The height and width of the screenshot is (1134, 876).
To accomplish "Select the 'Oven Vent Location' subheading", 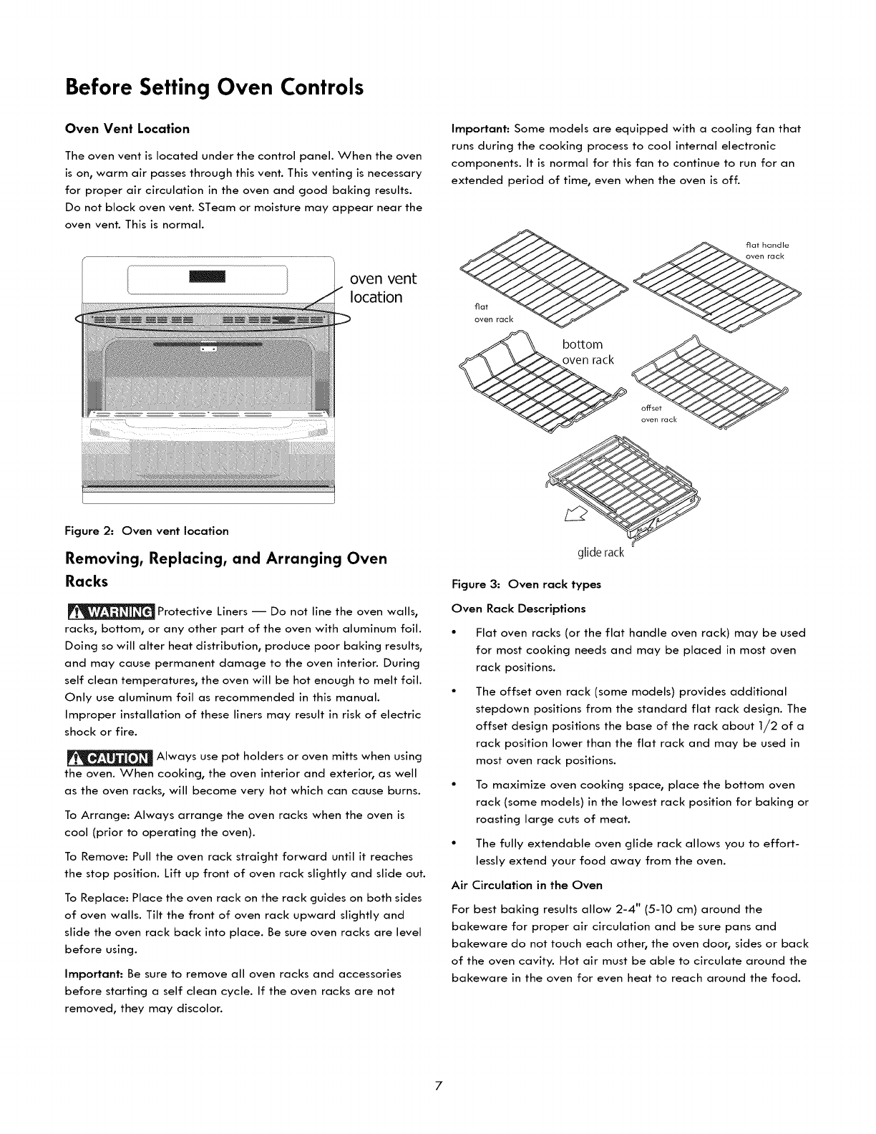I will [127, 129].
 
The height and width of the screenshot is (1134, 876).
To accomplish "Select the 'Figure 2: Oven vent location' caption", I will [147, 530].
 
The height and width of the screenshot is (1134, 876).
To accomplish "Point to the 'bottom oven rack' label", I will [588, 352].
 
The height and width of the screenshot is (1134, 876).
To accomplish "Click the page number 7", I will [438, 1106].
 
